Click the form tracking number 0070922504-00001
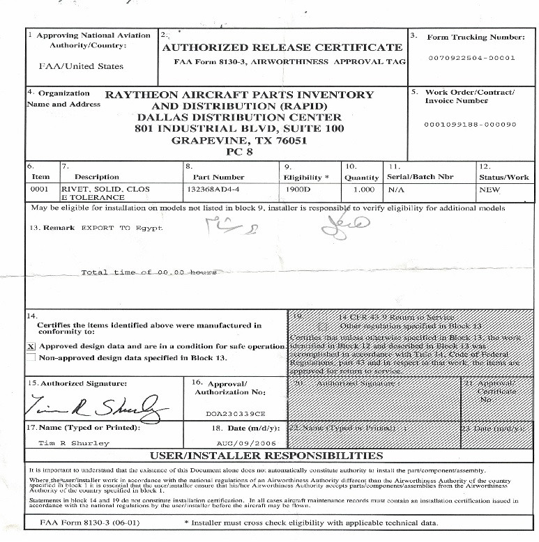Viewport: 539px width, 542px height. [471, 58]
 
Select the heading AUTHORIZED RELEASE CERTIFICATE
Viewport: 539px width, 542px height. [282, 47]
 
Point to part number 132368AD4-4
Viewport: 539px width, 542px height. [213, 188]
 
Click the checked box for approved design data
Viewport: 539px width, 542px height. [31, 346]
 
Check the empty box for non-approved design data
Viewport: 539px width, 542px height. [31, 357]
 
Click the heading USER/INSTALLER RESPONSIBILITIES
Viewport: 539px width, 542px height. [268, 456]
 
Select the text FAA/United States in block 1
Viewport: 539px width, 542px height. [81, 66]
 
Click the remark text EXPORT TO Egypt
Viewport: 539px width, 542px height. [121, 228]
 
